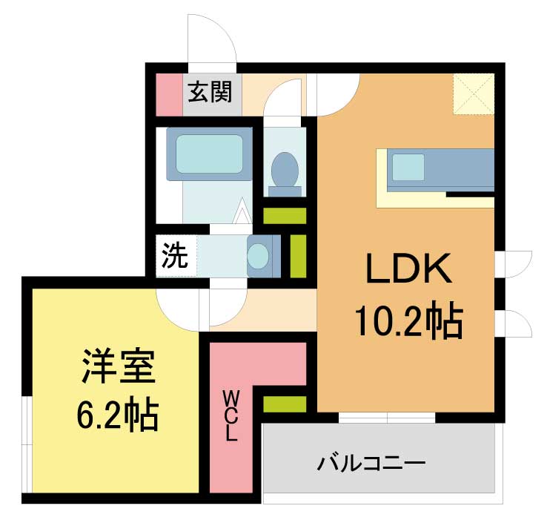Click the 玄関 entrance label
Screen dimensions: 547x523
click(210, 91)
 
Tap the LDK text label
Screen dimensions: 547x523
click(408, 269)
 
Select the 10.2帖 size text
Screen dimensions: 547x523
click(409, 320)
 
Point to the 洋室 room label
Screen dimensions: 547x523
click(119, 366)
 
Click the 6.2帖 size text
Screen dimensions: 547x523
click(118, 414)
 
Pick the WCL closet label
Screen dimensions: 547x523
click(231, 415)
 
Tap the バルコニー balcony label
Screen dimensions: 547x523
click(371, 464)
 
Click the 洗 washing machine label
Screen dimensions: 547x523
click(175, 256)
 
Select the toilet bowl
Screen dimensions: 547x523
click(285, 170)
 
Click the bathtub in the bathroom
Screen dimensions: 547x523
click(209, 154)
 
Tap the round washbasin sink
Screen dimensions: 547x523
click(258, 256)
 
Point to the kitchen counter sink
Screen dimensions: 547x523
click(408, 167)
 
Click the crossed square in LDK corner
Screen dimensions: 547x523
click(474, 94)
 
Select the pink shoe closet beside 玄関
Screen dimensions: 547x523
click(169, 95)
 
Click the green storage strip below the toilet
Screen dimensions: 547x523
click(285, 216)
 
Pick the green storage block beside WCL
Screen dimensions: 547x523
click(285, 404)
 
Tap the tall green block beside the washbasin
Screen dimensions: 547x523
click(298, 256)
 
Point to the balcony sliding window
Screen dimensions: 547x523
click(387, 418)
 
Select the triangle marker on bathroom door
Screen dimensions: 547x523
click(242, 211)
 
